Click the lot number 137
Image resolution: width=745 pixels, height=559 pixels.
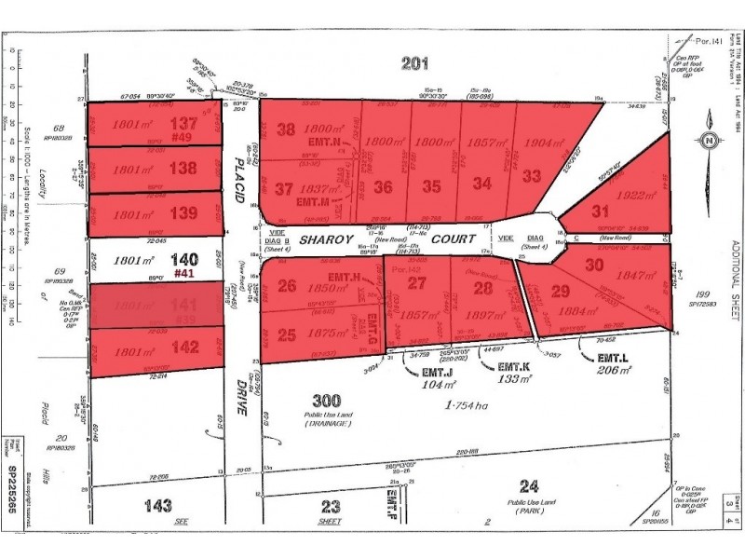pos(187,123)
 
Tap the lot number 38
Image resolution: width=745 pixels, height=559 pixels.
pos(286,130)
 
